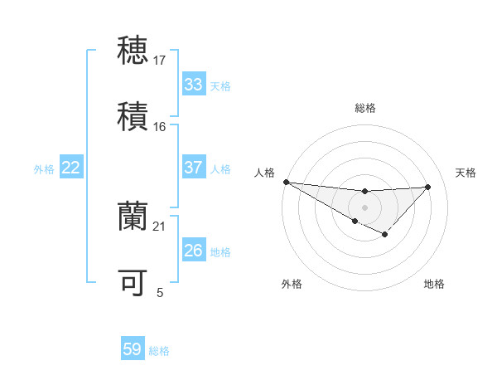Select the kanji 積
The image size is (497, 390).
133,114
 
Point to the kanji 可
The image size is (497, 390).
133,283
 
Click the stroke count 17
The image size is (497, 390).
160,60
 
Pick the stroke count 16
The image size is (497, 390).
160,126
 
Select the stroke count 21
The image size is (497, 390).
160,226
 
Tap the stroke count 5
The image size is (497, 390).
160,292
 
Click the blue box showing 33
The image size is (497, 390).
194,85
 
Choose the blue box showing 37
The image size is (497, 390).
194,168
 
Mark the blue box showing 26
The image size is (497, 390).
194,251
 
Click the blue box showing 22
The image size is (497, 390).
71,168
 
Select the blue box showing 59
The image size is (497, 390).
133,350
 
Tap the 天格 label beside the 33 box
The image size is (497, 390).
220,86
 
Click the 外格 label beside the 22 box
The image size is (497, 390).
44,169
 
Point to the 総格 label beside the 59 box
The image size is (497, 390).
159,352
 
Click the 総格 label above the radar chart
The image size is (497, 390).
365,108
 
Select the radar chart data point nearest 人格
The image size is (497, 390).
286,182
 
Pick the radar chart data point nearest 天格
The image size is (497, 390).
427,187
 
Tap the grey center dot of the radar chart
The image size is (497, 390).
364,207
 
